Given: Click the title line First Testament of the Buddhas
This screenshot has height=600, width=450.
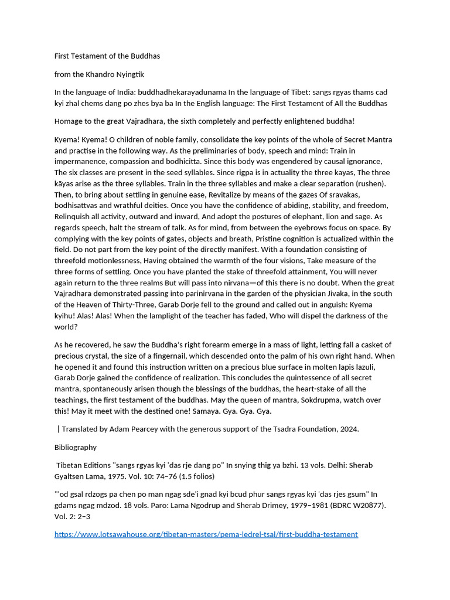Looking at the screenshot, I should coord(107,56).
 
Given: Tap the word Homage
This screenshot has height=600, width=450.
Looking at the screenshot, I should coord(69,121).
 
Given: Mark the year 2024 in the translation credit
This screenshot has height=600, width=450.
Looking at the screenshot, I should coord(349,429).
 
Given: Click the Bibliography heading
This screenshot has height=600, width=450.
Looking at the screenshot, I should coord(76,447).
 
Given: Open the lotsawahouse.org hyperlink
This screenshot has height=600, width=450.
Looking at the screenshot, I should coord(206,534).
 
